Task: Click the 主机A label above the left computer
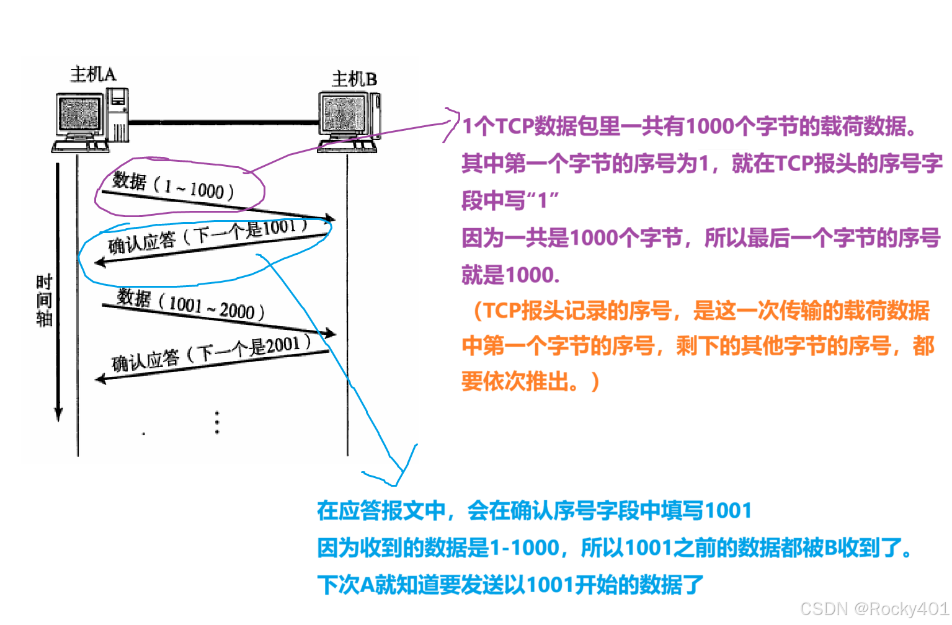(93, 74)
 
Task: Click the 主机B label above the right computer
(354, 79)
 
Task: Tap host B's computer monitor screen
(340, 114)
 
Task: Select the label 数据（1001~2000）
(191, 304)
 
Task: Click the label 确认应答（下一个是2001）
(211, 353)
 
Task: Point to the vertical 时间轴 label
(44, 301)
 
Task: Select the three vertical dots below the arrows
(217, 422)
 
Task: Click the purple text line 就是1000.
(510, 274)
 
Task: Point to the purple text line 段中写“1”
(510, 201)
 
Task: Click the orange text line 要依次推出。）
(530, 381)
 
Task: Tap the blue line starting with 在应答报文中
(534, 510)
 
